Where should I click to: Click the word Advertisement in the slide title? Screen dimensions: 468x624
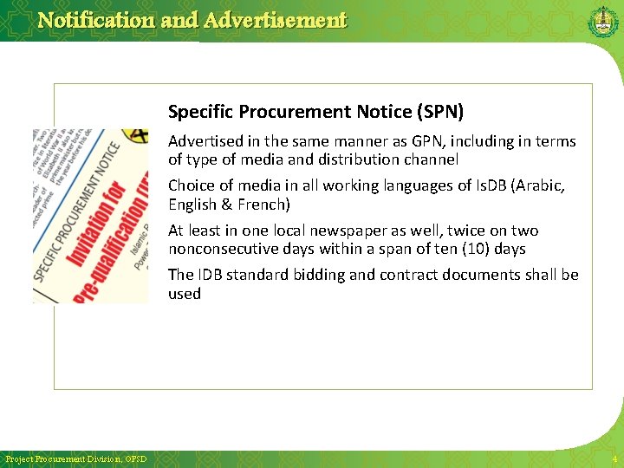[x=275, y=20]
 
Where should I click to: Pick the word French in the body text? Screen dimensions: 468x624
[x=261, y=205]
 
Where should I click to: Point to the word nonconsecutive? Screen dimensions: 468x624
[x=224, y=249]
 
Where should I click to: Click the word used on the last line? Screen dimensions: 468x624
[x=185, y=294]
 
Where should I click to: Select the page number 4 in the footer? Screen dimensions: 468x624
[x=614, y=458]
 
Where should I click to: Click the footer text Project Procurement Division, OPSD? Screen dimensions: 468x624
[x=75, y=458]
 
